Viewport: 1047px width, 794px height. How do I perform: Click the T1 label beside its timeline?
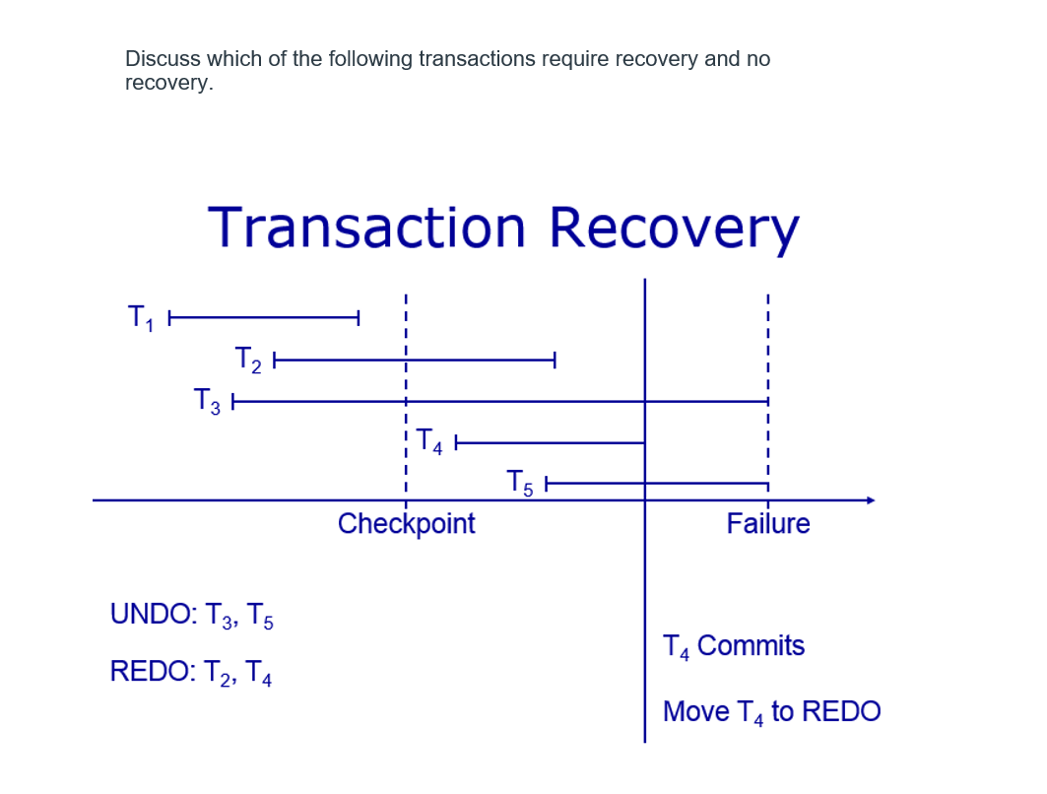pos(140,318)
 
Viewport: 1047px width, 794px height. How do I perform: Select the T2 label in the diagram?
pos(248,360)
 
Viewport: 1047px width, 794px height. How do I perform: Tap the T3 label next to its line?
pos(207,401)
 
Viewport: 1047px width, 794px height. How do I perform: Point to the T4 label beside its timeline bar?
pos(430,441)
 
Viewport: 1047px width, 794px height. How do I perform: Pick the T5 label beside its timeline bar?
pos(519,483)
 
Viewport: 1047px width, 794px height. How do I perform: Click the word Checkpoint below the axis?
pos(406,524)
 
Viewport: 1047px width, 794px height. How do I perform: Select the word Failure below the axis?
pos(768,524)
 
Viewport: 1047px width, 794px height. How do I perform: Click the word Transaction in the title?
pos(367,228)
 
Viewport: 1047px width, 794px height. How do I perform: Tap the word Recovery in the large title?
pos(674,228)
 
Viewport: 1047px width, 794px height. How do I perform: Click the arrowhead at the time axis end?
pos(870,500)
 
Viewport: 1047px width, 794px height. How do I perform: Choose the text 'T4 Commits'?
pos(734,646)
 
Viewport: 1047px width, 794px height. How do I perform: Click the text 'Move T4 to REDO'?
pos(772,712)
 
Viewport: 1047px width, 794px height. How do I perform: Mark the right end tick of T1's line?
pos(358,317)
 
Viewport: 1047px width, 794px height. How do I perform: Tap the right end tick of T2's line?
pos(556,361)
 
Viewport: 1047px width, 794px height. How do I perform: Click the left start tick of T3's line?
pos(233,402)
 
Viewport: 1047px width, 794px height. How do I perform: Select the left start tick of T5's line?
pos(546,484)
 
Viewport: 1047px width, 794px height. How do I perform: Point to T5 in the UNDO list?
pos(260,617)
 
